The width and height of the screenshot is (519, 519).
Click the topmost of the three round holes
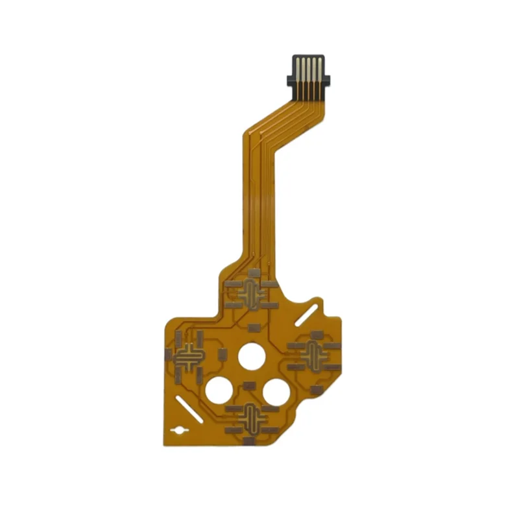pos(251,356)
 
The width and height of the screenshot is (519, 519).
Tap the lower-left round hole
pos(219,391)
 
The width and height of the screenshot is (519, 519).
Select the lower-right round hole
pos(276,391)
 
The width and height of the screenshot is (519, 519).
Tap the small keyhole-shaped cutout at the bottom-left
pos(177,431)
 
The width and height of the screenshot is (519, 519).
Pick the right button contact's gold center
pos(315,356)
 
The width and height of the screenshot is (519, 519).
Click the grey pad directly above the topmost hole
pos(254,327)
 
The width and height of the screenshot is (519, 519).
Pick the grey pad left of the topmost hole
pos(223,354)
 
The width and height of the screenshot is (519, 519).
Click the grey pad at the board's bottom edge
pos(248,441)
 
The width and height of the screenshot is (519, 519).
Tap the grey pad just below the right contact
pos(316,389)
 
